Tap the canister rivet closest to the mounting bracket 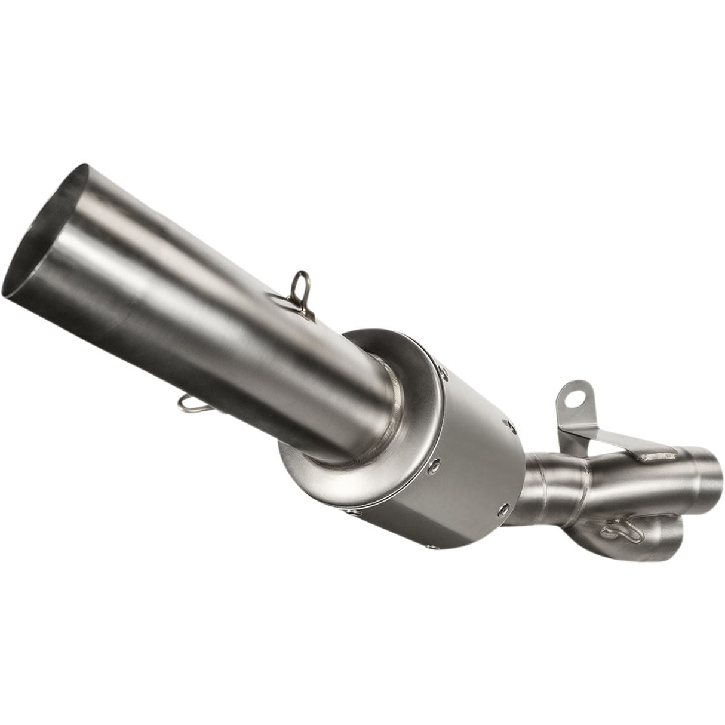(509, 425)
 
